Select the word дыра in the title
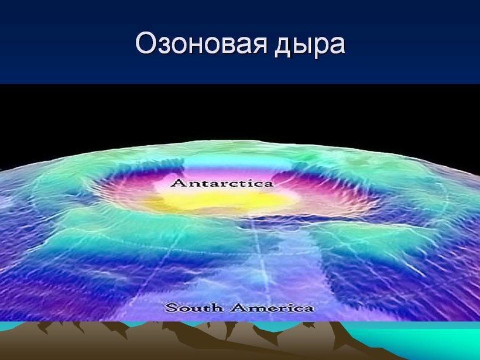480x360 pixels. pos(310,46)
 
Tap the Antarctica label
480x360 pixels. pos(222,183)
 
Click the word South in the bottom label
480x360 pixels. pos(194,307)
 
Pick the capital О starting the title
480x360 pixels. pos(145,43)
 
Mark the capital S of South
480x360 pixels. pos(170,307)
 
